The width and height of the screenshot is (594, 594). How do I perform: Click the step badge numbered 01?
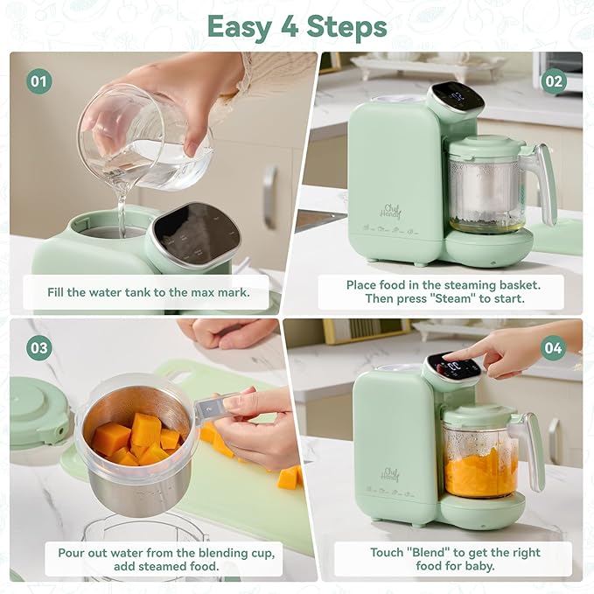(x=38, y=81)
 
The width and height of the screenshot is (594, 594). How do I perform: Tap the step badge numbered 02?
(x=554, y=81)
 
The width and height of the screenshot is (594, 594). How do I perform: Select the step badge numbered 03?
(x=38, y=347)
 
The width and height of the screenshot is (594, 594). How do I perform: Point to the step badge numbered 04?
(x=554, y=347)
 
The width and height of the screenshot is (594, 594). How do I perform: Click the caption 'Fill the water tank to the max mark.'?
(x=148, y=292)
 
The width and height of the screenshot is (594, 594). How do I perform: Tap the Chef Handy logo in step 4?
(x=391, y=472)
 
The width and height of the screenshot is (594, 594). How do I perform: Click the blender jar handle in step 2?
(x=547, y=184)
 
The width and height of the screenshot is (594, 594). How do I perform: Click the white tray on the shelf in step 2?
(x=428, y=66)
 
